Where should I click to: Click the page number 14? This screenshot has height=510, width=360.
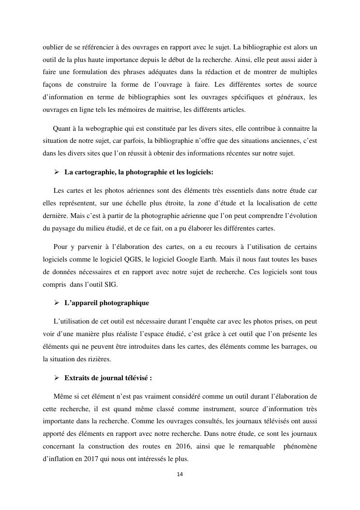click(180, 474)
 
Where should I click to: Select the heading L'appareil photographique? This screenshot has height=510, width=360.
click(106, 303)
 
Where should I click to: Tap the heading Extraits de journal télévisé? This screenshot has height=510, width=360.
click(108, 378)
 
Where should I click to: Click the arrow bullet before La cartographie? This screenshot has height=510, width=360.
click(57, 172)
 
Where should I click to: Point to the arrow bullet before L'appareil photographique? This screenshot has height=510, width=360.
click(57, 303)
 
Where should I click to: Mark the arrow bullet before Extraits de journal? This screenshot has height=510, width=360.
click(57, 378)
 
